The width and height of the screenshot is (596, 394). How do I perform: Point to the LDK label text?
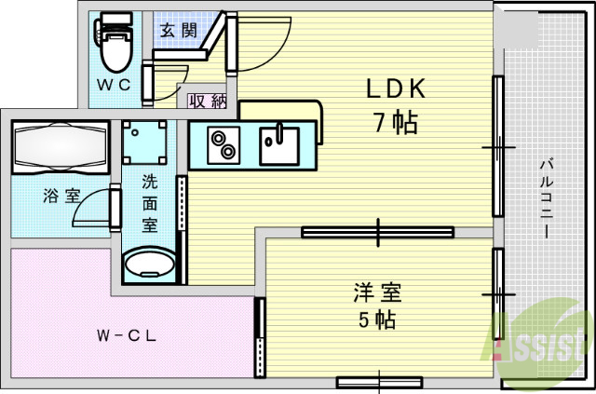[394, 88]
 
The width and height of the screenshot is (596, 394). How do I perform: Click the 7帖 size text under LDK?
[396, 121]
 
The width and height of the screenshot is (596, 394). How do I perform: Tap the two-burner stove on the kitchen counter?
[223, 145]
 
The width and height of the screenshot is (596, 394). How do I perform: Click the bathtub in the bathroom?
[61, 146]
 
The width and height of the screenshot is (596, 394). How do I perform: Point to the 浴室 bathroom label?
[62, 197]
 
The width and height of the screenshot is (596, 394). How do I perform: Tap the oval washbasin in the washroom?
[149, 265]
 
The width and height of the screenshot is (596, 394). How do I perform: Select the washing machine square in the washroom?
[148, 144]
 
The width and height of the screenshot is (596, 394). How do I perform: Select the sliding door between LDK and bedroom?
[377, 231]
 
